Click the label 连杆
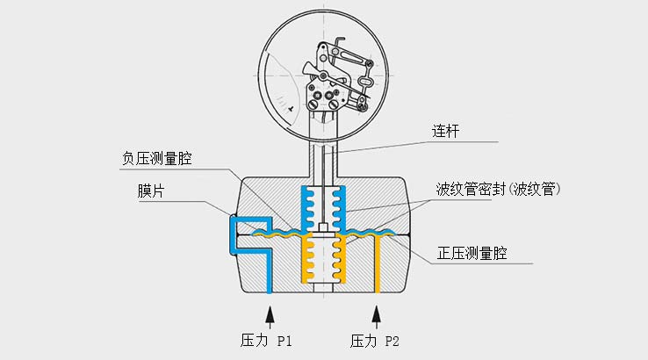point(445,131)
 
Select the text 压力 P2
point(375,339)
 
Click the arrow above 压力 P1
point(269,313)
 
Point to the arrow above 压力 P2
point(377,313)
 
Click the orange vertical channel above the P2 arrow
point(377,268)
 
